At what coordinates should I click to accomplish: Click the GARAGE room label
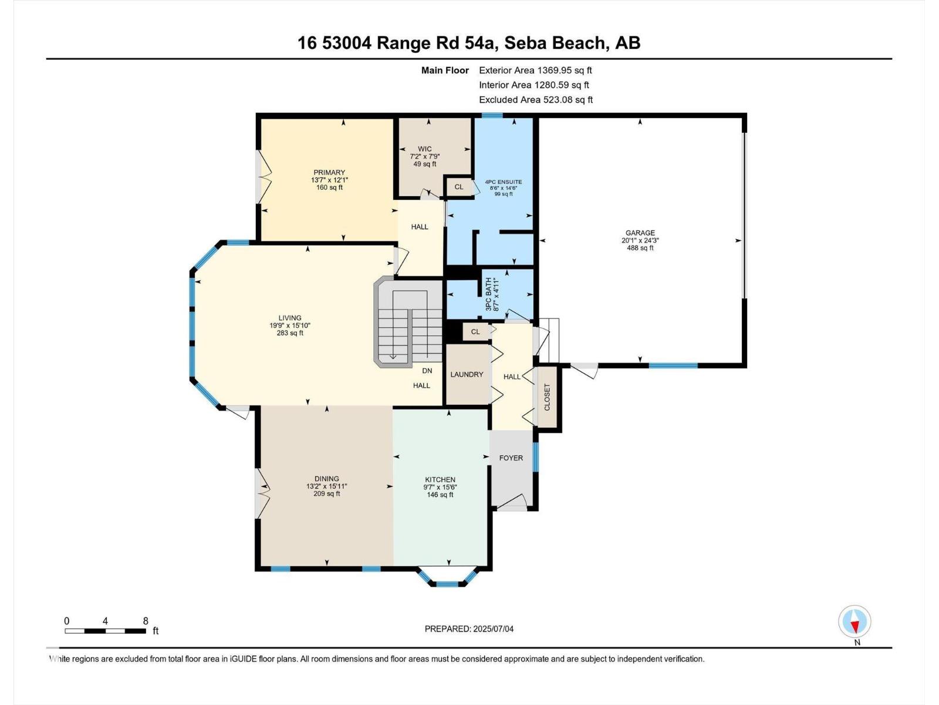[x=640, y=233]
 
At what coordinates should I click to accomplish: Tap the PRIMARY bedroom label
[x=329, y=173]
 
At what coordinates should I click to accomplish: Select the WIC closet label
[x=425, y=149]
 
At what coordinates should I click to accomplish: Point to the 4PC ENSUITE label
[x=503, y=182]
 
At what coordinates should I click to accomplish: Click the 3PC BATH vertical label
[x=488, y=294]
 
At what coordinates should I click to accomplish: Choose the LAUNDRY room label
[x=467, y=374]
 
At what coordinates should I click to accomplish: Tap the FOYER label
[x=511, y=458]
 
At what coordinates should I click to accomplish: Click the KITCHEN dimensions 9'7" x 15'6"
[x=440, y=487]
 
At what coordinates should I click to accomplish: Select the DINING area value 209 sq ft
[x=327, y=494]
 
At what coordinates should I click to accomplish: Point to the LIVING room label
[x=290, y=318]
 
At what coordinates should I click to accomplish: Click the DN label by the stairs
[x=427, y=371]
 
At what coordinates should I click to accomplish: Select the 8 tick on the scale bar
[x=145, y=621]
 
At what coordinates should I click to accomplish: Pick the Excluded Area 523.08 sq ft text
[x=535, y=100]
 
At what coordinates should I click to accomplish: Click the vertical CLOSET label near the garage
[x=547, y=397]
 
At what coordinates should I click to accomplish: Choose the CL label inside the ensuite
[x=459, y=187]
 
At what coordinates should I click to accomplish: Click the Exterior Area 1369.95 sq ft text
[x=535, y=70]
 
